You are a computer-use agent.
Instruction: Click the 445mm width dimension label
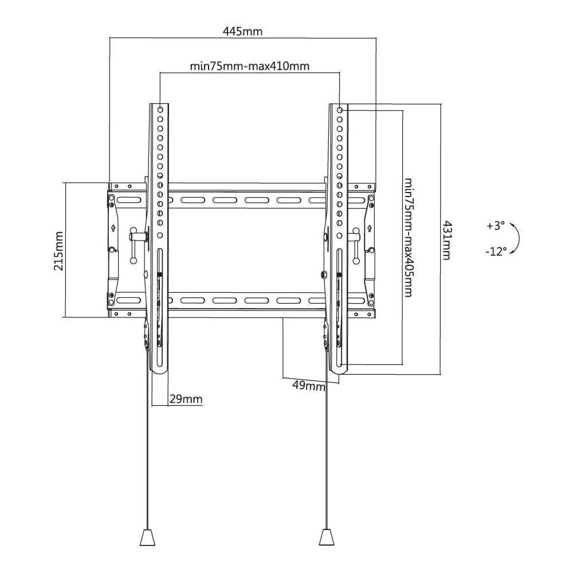(242, 31)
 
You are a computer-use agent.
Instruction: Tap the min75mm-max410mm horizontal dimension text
(250, 66)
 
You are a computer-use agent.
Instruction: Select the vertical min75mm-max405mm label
(409, 237)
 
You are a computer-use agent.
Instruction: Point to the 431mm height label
(446, 240)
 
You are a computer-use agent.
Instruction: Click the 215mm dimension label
(58, 250)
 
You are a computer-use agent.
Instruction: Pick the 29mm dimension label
(186, 399)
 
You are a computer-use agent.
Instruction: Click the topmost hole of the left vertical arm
(160, 109)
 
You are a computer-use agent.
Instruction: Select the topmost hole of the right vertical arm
(340, 109)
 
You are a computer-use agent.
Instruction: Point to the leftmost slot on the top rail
(129, 201)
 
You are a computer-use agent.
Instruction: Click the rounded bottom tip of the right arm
(339, 371)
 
